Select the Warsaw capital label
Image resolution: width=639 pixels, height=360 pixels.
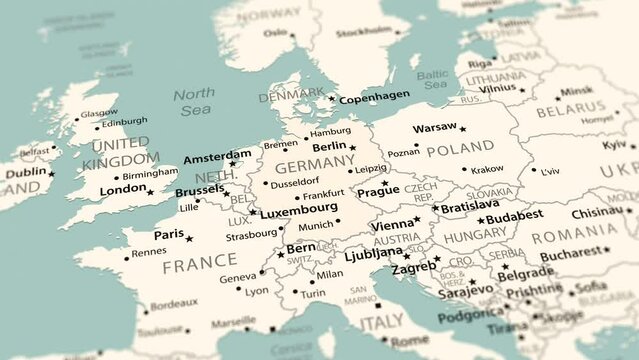[x=434, y=129]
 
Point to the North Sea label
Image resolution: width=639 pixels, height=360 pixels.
[x=193, y=101]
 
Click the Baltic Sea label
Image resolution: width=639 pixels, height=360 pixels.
[x=432, y=79]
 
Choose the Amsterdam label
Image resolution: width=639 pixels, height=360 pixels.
[x=217, y=157]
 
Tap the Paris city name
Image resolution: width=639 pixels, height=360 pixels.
[x=168, y=235]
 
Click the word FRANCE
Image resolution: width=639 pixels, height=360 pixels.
[x=200, y=267]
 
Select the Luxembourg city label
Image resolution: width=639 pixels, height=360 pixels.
[x=299, y=208]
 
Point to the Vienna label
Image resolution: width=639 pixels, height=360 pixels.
[x=391, y=225]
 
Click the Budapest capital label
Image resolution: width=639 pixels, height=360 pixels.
[x=514, y=215]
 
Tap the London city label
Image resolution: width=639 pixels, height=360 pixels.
[x=123, y=190]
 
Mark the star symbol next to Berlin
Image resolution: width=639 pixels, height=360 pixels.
[x=352, y=148]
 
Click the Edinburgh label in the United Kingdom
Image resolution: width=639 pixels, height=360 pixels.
[x=124, y=122]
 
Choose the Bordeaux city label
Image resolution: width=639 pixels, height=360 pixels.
[x=174, y=303]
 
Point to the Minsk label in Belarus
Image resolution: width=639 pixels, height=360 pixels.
[x=576, y=91]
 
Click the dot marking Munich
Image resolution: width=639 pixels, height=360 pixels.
[x=338, y=221]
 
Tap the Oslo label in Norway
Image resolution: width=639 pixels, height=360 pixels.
[x=275, y=33]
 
